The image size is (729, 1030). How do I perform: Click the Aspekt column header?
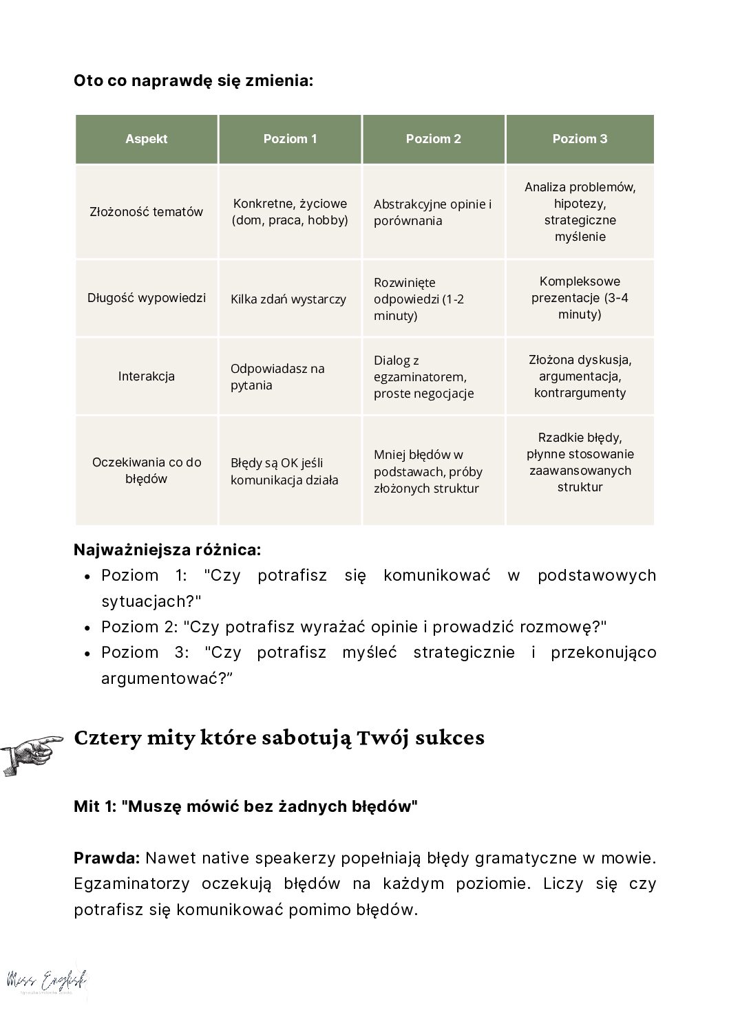click(x=146, y=139)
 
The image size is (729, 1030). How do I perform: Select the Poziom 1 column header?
click(x=290, y=139)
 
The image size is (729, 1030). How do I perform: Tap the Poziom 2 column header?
click(x=433, y=139)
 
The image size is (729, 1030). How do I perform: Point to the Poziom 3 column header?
click(x=580, y=139)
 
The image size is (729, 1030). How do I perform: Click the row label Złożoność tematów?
click(x=146, y=212)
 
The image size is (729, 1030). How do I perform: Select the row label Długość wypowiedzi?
click(x=146, y=298)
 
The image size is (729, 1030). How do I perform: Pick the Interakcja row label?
click(x=146, y=376)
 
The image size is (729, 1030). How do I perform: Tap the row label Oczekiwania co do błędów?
click(x=146, y=471)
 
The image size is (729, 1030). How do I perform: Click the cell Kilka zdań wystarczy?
click(x=288, y=299)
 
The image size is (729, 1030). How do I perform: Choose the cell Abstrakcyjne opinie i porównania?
click(x=432, y=213)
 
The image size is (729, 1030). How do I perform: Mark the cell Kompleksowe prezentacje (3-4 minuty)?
click(x=580, y=298)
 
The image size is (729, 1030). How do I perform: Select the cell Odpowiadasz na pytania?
click(x=277, y=377)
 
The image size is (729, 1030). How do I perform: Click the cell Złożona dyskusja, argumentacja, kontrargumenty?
click(x=580, y=376)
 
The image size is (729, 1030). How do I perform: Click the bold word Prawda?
click(x=107, y=858)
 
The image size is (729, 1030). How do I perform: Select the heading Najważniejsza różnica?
click(x=167, y=550)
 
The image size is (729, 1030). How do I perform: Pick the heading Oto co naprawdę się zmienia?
click(x=193, y=81)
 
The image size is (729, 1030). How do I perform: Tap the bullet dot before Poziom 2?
click(x=87, y=627)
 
